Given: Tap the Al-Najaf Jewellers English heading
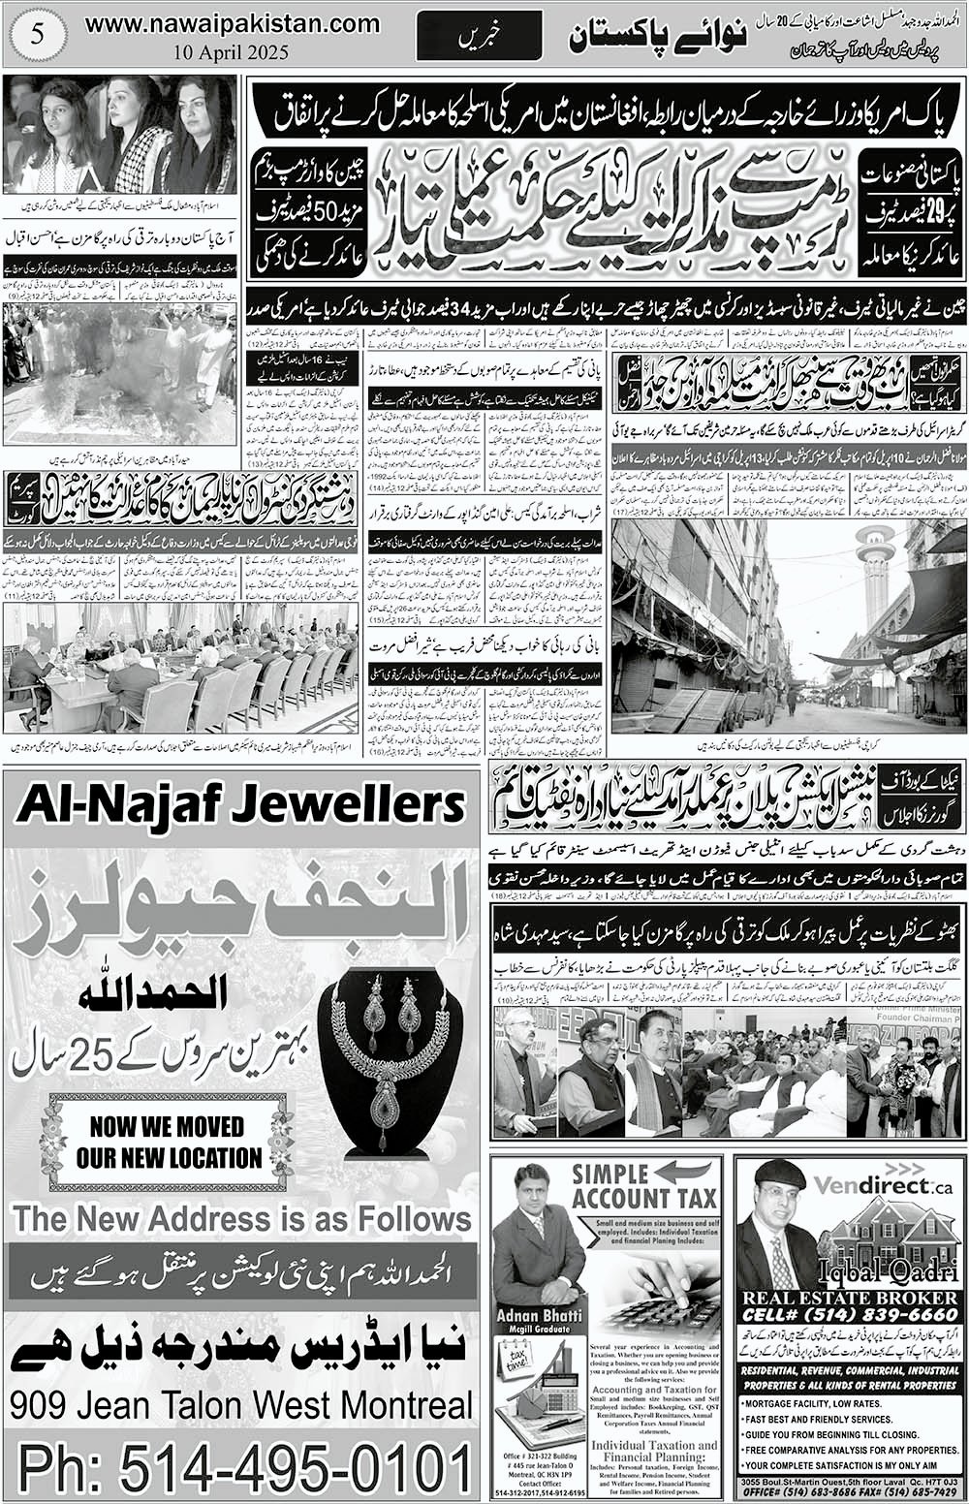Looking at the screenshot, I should [241, 804].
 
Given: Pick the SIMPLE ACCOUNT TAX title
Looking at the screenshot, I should [643, 1186].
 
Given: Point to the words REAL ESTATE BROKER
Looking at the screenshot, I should [849, 1298].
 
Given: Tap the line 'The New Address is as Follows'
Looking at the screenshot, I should [242, 1218].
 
